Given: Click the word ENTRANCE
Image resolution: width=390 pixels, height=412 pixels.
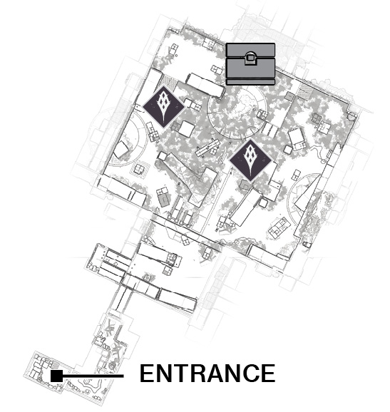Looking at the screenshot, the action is point(207,373).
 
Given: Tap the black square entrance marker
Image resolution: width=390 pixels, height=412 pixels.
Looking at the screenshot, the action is point(56,376).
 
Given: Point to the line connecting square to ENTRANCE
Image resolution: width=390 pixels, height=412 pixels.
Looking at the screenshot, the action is point(93,376).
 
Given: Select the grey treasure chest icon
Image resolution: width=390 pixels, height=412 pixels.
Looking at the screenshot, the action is point(250,64).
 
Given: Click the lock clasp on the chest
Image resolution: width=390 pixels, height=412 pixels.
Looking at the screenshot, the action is point(250,58).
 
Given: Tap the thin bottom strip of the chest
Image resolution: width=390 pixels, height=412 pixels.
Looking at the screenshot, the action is point(250,82).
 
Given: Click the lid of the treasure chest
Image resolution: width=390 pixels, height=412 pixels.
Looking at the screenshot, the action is point(250,50).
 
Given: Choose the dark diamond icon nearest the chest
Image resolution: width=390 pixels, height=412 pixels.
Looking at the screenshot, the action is point(164,107).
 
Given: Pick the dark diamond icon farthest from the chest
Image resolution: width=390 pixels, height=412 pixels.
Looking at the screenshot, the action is point(250,161).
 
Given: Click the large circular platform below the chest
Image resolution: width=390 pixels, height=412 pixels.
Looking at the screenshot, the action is point(237,112).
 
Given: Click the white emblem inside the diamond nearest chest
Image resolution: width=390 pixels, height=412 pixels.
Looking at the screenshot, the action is point(164,107).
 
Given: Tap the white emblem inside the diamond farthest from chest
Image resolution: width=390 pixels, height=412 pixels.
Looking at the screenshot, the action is point(250,161).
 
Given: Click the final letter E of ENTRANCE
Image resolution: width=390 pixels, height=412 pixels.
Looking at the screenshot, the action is point(268,373).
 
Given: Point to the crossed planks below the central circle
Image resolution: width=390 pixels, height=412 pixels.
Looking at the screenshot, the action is point(208,148).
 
